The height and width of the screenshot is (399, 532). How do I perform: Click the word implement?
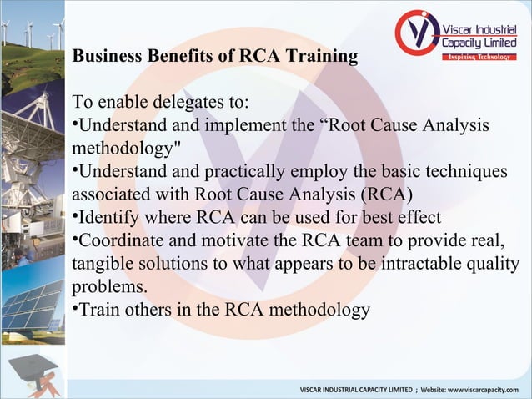[x=238, y=126]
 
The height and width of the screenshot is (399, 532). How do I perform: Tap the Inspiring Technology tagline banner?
[x=479, y=57]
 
